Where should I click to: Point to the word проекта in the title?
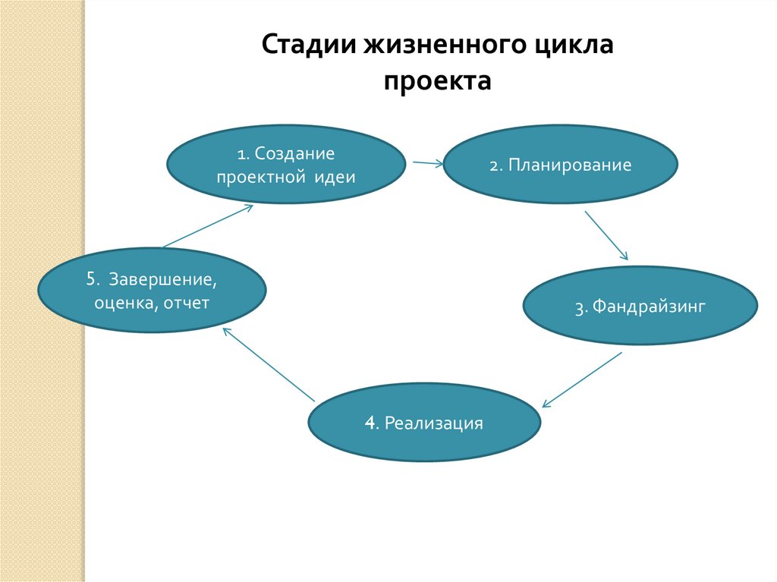click(x=437, y=81)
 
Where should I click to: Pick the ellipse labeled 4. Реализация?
click(x=425, y=423)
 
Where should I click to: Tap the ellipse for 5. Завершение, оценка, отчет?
click(x=152, y=291)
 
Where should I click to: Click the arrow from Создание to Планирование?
click(x=427, y=162)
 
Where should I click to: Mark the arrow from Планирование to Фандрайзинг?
click(x=606, y=235)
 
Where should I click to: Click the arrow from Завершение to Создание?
click(x=207, y=225)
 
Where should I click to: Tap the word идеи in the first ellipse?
click(x=337, y=178)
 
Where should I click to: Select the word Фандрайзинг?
click(x=650, y=307)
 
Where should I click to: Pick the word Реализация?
click(x=434, y=423)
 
